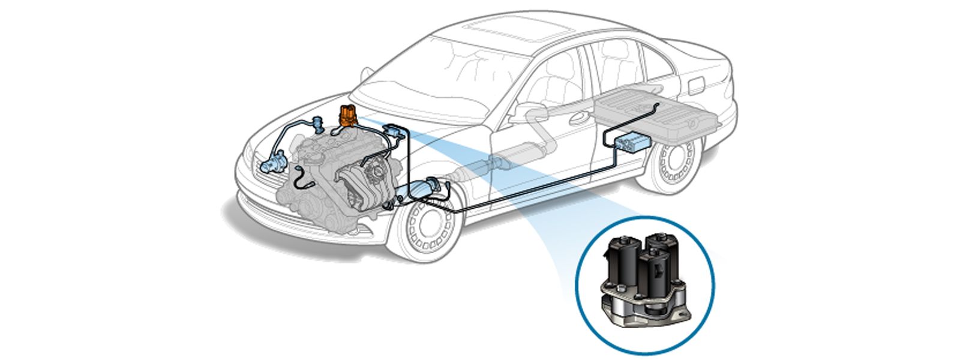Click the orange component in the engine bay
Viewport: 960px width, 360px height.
click(x=347, y=116)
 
